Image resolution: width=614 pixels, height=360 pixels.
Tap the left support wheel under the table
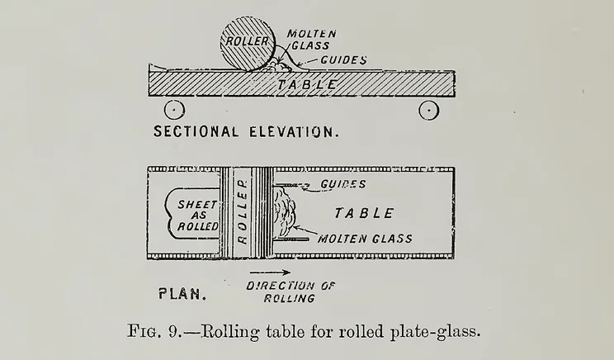pos(173,109)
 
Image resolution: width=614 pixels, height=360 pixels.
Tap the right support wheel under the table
pos(429,109)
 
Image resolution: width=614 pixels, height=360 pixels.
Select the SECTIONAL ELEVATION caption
pos(246,132)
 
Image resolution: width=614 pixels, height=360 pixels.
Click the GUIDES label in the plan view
pos(343,183)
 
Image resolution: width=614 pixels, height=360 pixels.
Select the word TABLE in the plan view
pos(364,213)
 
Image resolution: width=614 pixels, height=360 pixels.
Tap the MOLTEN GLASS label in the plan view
pos(365,239)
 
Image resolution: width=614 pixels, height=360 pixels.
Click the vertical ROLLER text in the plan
pos(243,213)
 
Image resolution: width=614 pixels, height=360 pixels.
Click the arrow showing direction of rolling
pos(269,272)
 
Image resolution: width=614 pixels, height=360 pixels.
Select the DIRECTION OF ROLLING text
pos(281,291)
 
